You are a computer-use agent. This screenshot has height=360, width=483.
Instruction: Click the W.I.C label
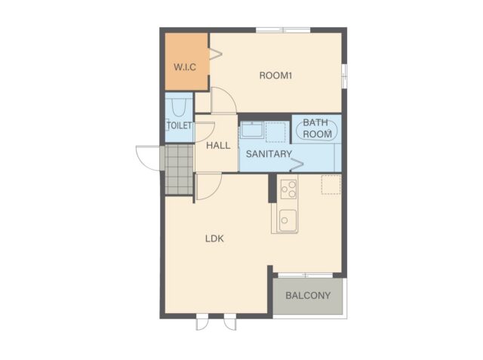185,67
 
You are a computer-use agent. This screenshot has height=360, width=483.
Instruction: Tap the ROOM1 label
275,75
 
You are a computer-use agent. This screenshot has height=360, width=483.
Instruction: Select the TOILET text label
179,125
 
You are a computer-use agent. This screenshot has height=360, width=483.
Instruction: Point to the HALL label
218,146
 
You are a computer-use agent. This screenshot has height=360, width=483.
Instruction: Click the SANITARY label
269,154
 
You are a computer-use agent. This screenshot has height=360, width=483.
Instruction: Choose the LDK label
214,238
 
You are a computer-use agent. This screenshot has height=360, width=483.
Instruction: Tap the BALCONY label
308,296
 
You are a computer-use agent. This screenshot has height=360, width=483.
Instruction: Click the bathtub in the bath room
316,130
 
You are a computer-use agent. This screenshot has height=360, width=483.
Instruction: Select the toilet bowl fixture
179,108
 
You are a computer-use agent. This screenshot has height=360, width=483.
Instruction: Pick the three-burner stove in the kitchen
288,189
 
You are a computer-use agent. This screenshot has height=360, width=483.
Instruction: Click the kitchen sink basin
288,220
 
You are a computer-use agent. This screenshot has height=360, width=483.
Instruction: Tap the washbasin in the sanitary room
252,130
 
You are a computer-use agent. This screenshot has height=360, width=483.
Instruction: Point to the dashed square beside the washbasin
275,132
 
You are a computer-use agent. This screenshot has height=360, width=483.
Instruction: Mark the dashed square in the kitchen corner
331,185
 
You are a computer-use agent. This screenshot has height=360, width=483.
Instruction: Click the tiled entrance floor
179,170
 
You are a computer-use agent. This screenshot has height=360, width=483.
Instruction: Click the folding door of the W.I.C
216,54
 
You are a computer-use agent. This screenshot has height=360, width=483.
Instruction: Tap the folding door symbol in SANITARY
297,165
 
